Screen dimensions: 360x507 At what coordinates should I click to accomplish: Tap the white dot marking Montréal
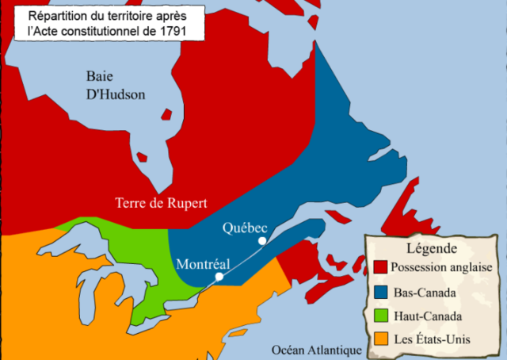(x=219, y=277)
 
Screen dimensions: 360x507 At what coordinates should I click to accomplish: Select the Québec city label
(x=244, y=228)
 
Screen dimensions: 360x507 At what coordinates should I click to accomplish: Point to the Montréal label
(x=203, y=264)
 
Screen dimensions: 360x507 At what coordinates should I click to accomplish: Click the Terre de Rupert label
(x=161, y=203)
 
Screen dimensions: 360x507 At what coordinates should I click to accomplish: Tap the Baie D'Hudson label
(x=116, y=85)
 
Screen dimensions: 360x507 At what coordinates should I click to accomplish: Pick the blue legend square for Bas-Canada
(x=380, y=292)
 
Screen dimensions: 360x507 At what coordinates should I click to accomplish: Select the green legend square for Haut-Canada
(x=380, y=316)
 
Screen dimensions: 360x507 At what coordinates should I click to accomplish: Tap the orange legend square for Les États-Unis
(x=380, y=339)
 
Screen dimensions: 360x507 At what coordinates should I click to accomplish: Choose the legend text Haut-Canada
(x=427, y=316)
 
